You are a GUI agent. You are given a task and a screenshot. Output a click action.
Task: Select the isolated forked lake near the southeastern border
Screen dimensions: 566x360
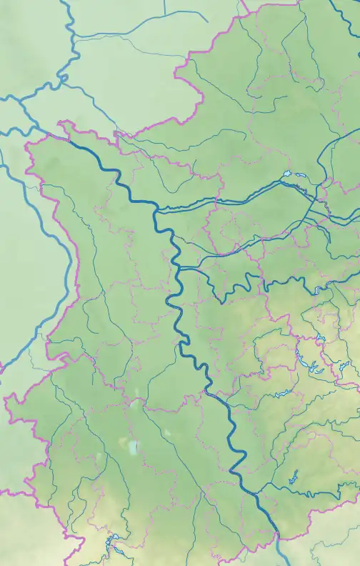click(292, 477)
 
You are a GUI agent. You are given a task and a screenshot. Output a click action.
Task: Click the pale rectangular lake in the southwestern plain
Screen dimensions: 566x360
click(133, 448)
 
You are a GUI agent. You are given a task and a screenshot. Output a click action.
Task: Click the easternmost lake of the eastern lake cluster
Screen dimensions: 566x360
click(345, 368)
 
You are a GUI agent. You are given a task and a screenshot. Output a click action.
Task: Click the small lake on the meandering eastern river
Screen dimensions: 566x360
click(316, 290)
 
